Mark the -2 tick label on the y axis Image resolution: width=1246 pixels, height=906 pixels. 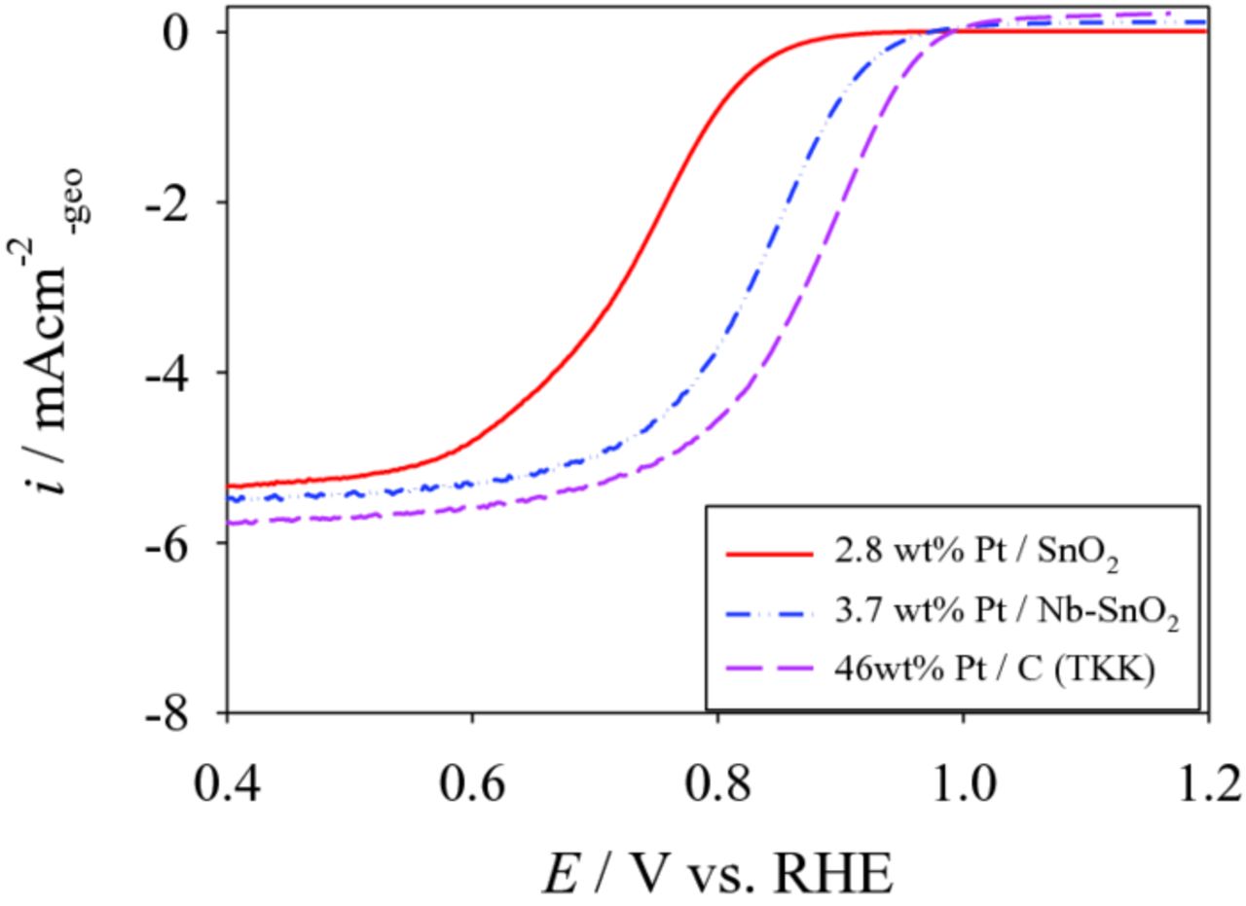pos(175,202)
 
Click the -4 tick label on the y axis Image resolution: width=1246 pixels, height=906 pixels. pos(175,373)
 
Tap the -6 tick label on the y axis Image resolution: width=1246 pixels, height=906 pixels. pos(175,543)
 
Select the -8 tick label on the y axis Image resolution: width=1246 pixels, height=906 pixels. pos(175,713)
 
